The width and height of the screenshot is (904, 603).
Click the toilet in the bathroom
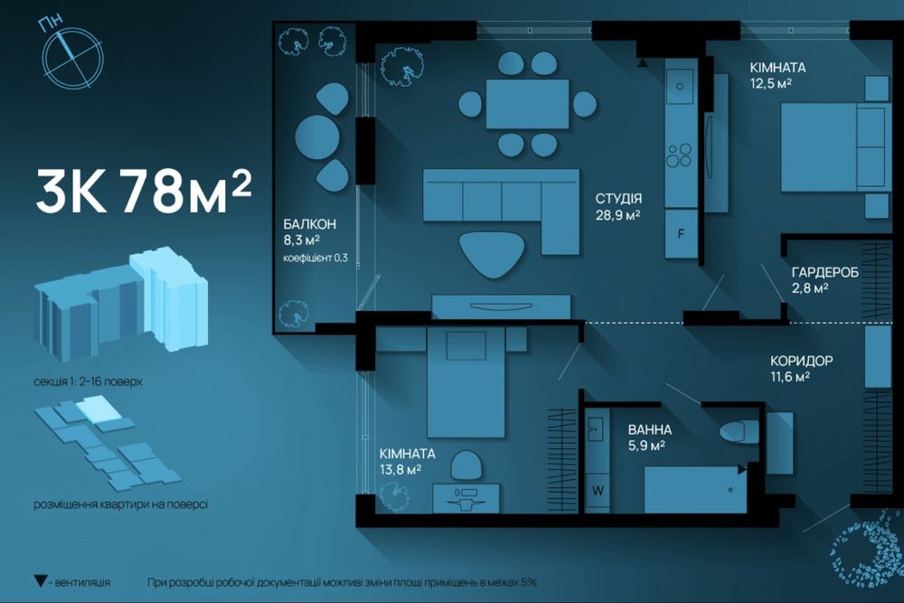(739, 432)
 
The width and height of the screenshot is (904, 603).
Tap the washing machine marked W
(598, 491)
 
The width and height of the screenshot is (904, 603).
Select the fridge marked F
(681, 234)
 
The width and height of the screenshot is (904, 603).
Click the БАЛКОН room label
(309, 224)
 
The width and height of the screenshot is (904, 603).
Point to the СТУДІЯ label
(618, 199)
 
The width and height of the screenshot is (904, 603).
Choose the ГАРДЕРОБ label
(825, 272)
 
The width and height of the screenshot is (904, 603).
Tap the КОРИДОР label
(801, 362)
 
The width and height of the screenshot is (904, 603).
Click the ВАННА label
(650, 430)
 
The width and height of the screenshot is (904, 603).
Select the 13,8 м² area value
(400, 470)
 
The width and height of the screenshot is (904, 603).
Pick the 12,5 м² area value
(770, 83)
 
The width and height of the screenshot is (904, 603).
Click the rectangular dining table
(528, 104)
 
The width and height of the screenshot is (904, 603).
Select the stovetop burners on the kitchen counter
(679, 155)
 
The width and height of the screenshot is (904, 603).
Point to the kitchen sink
(681, 86)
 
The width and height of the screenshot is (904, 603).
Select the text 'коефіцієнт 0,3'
(315, 258)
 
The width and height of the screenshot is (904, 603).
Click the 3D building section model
(121, 301)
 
